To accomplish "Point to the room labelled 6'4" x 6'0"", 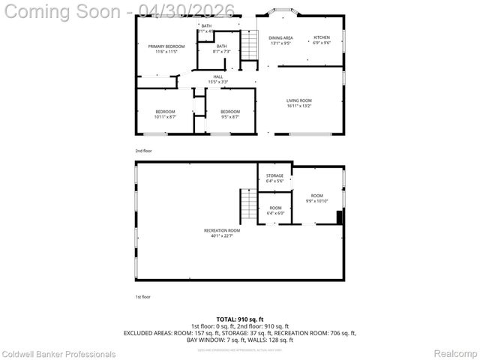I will pyautogui.click(x=275, y=210).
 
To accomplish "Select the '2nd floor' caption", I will pyautogui.click(x=143, y=151).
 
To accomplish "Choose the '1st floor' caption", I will pyautogui.click(x=143, y=297).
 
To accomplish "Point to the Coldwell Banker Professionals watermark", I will pyautogui.click(x=58, y=354).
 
